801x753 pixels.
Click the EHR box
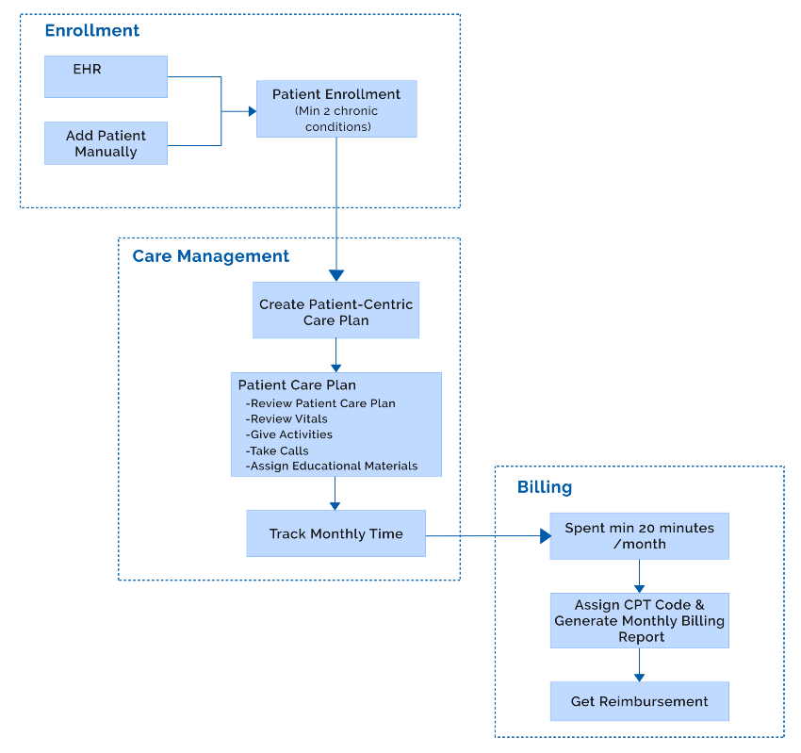tap(106, 75)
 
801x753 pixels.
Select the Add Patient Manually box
tap(106, 143)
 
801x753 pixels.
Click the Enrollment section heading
tap(91, 30)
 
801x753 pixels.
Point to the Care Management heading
tap(210, 256)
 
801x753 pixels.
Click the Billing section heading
tap(544, 487)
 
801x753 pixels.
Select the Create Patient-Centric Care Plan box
tap(335, 312)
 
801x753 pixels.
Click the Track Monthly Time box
tap(335, 533)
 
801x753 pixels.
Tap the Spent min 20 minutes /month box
tap(639, 536)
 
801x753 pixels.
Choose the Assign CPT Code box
tap(639, 620)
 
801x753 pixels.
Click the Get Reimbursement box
tap(639, 701)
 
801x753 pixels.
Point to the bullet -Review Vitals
tap(286, 418)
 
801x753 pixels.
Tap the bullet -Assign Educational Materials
tap(331, 466)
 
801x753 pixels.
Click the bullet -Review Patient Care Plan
tap(319, 403)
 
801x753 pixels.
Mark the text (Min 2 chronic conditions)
tap(336, 119)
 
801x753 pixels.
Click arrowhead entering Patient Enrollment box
tap(252, 111)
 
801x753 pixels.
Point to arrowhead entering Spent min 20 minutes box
tap(544, 536)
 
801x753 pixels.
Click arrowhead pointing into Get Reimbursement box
tap(639, 677)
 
